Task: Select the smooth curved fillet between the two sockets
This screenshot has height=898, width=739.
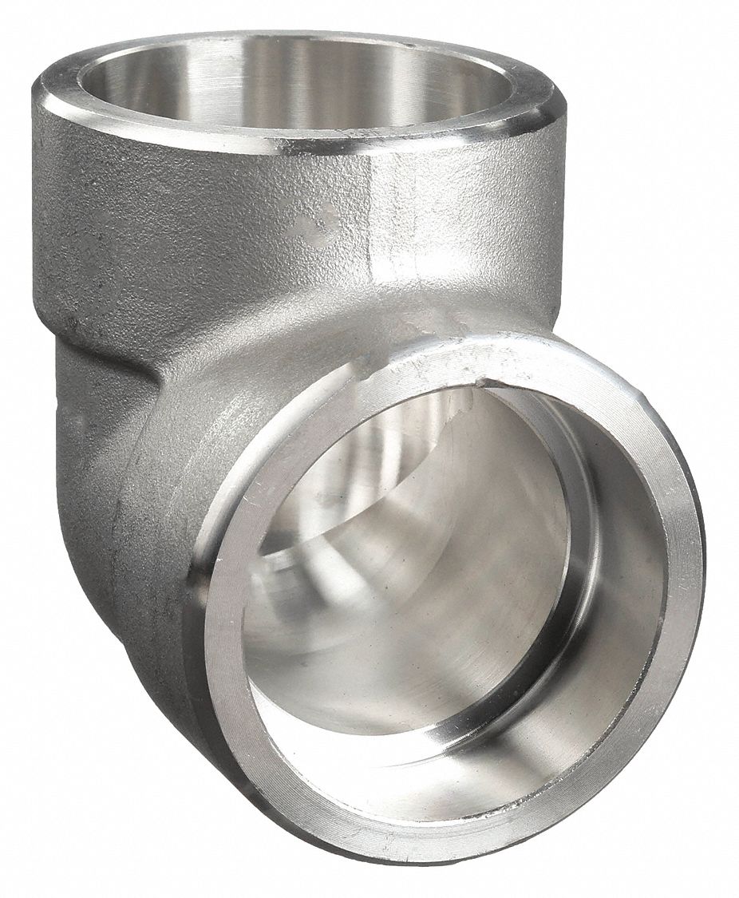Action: point(263,343)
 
